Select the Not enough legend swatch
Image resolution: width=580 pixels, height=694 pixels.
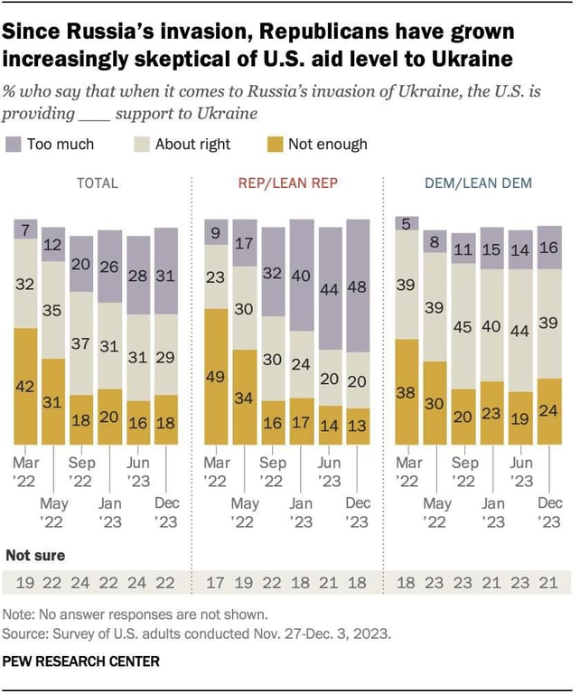point(275,144)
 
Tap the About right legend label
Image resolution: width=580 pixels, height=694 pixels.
point(192,144)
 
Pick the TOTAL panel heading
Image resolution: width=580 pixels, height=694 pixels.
point(97,183)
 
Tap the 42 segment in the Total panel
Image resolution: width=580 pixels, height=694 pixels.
point(26,386)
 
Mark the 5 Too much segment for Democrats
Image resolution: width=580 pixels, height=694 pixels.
point(408,224)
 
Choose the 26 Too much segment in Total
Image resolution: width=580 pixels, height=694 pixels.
point(109,267)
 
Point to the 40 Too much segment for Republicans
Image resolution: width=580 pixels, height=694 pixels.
point(302,275)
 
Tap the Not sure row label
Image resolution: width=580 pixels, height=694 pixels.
point(36,555)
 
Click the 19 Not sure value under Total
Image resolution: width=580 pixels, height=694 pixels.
point(25,583)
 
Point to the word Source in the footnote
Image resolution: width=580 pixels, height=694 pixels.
point(27,633)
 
